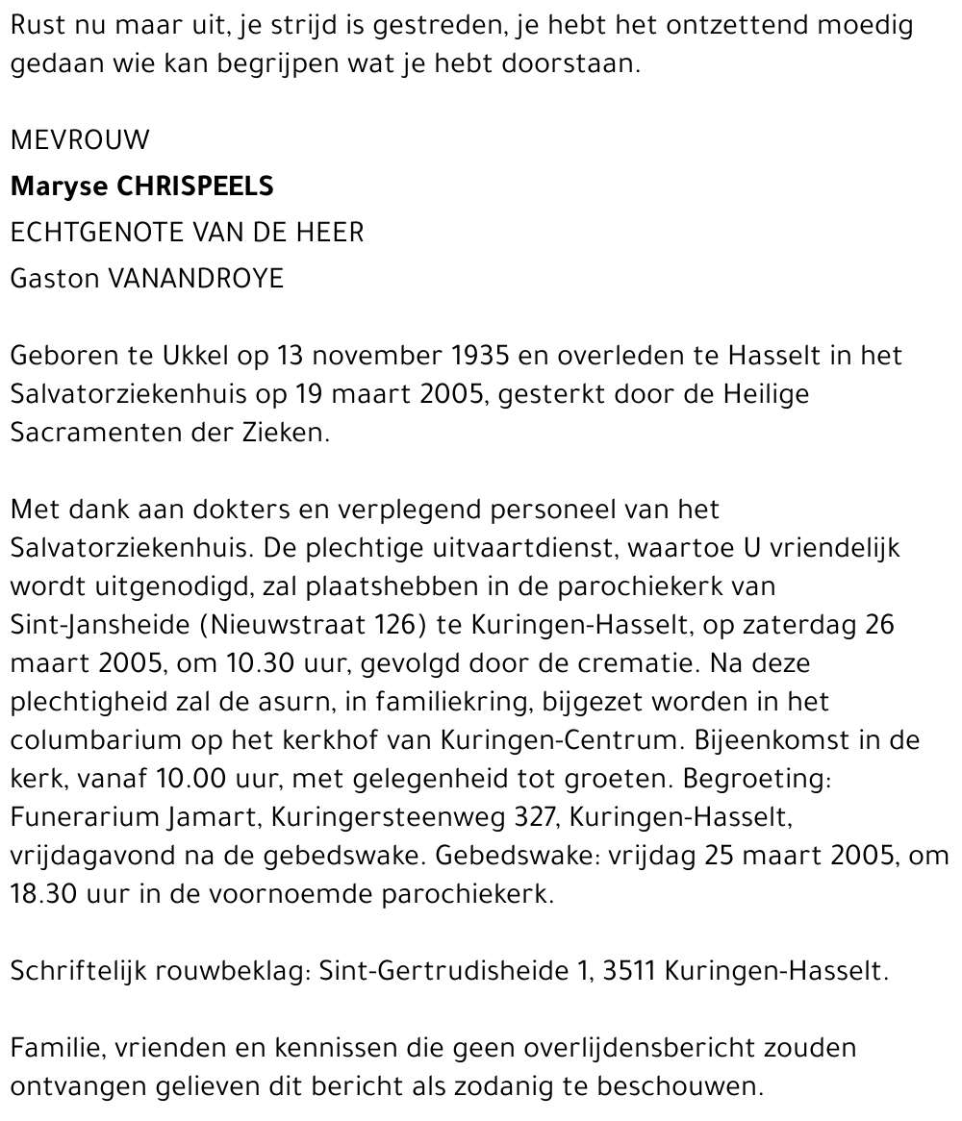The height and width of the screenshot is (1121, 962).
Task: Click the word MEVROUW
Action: coord(80,140)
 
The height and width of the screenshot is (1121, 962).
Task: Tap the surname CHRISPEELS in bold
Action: coord(194,187)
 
